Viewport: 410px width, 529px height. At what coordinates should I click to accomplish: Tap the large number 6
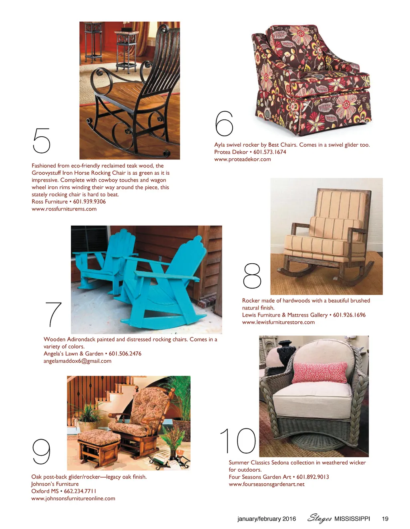[224, 123]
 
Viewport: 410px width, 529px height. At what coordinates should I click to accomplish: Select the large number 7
[53, 314]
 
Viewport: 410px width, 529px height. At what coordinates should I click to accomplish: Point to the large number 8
[252, 276]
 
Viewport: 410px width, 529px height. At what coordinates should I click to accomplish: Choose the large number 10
[238, 440]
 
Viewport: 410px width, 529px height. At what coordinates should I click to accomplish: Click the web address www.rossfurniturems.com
[64, 209]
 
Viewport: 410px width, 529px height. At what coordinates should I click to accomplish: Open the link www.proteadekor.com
[243, 159]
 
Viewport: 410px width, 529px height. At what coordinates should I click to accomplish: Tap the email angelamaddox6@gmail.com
[77, 361]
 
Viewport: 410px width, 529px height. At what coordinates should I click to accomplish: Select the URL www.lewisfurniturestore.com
[278, 322]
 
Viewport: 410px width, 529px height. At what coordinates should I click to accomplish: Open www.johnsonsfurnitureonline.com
[73, 498]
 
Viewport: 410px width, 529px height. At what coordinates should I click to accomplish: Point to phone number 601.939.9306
[90, 202]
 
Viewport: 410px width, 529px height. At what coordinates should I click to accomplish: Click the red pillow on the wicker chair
[320, 372]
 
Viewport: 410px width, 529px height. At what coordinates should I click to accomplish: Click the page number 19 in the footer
[385, 519]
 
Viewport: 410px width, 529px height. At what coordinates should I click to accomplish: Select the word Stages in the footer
[319, 519]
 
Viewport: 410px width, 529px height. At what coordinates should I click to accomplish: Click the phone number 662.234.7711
[80, 491]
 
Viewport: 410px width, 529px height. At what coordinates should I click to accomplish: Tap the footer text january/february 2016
[267, 519]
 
